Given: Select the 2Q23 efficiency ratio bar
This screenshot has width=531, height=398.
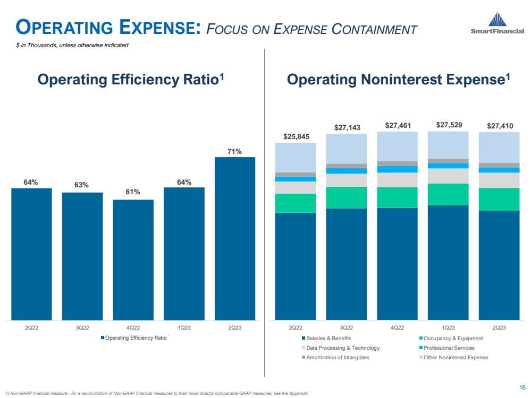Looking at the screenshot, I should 234,238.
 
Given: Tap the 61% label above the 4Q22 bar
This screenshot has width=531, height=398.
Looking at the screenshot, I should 132,192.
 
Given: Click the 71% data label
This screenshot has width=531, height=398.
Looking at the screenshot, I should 234,151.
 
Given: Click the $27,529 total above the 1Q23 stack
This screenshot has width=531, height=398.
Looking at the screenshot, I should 449,125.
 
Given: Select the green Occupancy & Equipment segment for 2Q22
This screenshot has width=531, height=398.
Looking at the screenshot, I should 295,203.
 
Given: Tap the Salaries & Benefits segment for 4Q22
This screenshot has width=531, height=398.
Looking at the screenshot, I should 397,264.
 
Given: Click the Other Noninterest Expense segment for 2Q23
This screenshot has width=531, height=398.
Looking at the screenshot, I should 499,147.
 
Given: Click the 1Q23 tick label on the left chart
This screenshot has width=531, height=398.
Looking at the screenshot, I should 184,327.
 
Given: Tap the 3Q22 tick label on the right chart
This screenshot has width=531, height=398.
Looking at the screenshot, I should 346,327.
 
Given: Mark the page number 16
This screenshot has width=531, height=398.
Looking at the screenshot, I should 523,387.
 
